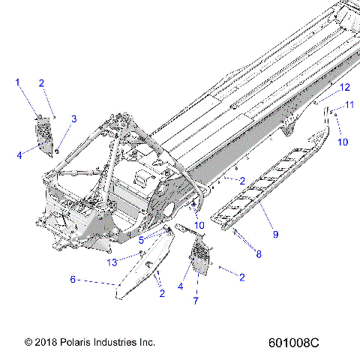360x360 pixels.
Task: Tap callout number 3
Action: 73,118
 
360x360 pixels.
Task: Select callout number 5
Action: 141,240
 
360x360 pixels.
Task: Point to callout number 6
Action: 73,279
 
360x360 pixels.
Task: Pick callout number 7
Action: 197,301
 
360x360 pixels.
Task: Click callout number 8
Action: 259,254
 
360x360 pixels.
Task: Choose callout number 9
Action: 275,235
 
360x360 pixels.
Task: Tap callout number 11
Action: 349,106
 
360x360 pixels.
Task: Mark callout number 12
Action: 345,88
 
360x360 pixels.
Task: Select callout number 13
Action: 112,262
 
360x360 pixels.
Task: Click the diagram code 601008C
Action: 293,342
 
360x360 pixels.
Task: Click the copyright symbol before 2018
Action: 28,342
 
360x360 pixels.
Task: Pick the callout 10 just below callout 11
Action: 342,141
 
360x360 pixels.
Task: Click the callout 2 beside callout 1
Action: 42,83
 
